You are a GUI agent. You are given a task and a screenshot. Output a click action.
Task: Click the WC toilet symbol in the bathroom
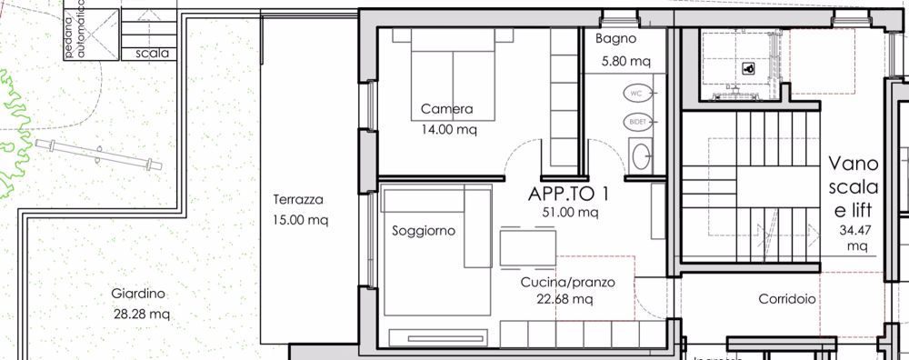point(637,94)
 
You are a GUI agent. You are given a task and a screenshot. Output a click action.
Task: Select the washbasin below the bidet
point(641,156)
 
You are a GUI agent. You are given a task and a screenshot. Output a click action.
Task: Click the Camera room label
point(447,109)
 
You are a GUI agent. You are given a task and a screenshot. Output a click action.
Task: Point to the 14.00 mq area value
point(447,129)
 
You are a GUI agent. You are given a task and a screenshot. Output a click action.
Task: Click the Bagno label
point(615,39)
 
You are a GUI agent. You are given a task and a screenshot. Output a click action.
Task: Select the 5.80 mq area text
point(626,62)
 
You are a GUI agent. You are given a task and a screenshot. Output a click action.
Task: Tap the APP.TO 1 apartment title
point(569,194)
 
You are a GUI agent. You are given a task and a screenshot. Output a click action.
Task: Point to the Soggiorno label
point(423,231)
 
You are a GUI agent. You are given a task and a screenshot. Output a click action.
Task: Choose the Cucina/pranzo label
point(568,283)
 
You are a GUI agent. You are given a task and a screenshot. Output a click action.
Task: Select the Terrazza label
point(298,201)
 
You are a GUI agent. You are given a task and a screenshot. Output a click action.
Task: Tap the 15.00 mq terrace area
point(300,220)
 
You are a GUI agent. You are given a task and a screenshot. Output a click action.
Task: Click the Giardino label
point(137,294)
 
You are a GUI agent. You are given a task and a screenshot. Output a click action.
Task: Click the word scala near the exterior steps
point(151,53)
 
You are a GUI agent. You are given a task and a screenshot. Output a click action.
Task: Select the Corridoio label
point(787,299)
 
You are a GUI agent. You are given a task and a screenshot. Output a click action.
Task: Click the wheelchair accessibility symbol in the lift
point(749,67)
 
